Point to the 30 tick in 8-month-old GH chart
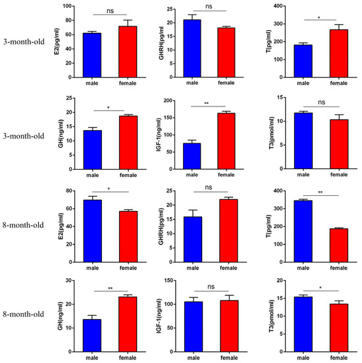tap(68, 281)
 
